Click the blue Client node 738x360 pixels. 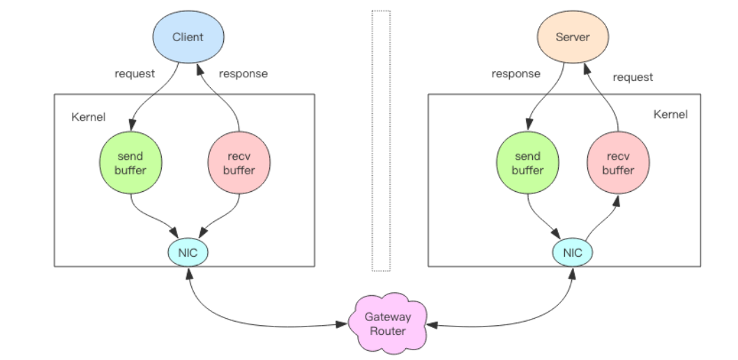[x=188, y=37]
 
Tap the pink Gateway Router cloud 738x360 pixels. [x=388, y=324]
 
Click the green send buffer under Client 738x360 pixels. [x=130, y=163]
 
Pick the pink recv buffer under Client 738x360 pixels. [x=239, y=163]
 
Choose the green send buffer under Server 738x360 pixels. [x=527, y=163]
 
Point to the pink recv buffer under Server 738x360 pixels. [x=618, y=163]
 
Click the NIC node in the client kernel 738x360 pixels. [x=188, y=252]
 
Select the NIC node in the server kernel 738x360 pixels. [x=573, y=252]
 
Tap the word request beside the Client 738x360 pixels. [x=135, y=73]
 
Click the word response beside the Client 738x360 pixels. [x=243, y=73]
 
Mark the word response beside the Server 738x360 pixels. [x=515, y=73]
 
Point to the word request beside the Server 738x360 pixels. [x=633, y=77]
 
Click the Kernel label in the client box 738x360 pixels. [x=89, y=117]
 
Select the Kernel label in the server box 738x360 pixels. [x=670, y=114]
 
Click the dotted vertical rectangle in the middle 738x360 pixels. [x=381, y=140]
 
